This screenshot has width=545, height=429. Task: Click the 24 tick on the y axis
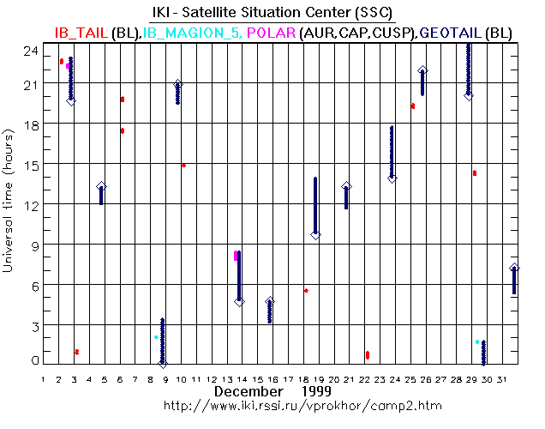[32, 50]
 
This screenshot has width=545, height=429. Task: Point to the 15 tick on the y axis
[32, 165]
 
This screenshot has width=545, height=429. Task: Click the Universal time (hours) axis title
[9, 202]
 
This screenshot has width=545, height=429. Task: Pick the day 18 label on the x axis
[304, 378]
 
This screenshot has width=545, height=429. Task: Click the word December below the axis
[249, 391]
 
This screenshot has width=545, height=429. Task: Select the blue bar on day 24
[392, 151]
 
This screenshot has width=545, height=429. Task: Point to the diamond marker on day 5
[102, 187]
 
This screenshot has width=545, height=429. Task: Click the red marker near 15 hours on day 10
[183, 165]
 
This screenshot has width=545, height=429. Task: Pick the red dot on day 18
[306, 290]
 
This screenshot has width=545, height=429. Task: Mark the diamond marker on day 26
[423, 71]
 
